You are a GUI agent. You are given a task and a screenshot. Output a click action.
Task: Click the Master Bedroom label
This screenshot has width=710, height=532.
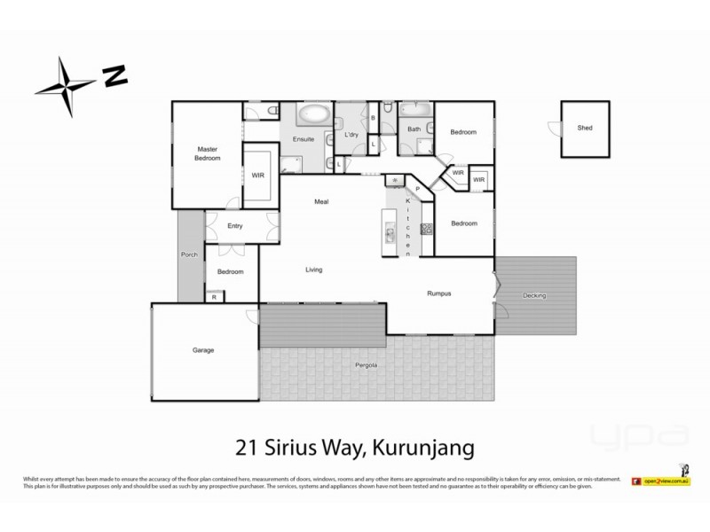pyautogui.click(x=208, y=153)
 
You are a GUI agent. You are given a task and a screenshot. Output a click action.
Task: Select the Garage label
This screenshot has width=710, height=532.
pyautogui.click(x=204, y=350)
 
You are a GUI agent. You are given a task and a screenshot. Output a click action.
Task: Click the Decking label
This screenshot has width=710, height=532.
pyautogui.click(x=533, y=295)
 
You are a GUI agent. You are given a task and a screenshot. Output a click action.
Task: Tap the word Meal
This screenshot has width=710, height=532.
pyautogui.click(x=322, y=202)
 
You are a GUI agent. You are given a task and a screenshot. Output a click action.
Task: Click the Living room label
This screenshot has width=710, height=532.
pyautogui.click(x=314, y=270)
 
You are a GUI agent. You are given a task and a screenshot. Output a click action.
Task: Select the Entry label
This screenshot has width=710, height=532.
pyautogui.click(x=234, y=226)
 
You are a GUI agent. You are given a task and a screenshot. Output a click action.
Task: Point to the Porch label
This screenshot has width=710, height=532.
pyautogui.click(x=189, y=254)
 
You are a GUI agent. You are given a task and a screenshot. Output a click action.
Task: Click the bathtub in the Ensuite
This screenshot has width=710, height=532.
pyautogui.click(x=311, y=114)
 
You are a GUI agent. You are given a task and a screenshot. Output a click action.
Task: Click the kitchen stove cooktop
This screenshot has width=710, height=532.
pyautogui.click(x=425, y=229)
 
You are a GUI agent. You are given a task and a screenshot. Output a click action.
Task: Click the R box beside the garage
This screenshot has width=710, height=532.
pyautogui.click(x=214, y=297)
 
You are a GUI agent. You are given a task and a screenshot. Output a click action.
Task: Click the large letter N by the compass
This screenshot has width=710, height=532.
pyautogui.click(x=114, y=75)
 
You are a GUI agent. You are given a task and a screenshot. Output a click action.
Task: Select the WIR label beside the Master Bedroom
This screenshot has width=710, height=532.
pyautogui.click(x=258, y=176)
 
